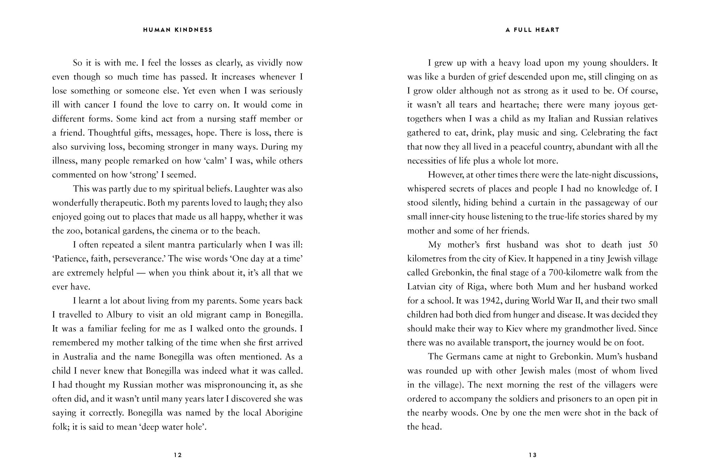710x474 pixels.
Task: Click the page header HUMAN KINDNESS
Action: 178,30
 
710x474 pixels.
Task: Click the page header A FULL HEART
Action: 532,30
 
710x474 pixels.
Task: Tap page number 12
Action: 178,455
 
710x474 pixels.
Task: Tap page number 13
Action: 532,455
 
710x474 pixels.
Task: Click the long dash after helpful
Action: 141,273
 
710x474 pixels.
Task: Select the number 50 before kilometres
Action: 652,245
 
